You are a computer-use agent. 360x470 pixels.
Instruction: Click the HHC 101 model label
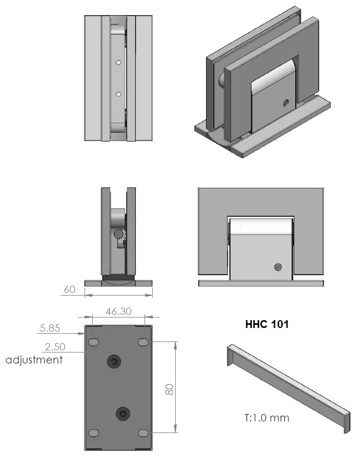pyautogui.click(x=267, y=324)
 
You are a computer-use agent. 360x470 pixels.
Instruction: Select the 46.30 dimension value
pyautogui.click(x=118, y=311)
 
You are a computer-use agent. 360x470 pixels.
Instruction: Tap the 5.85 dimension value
pyautogui.click(x=50, y=329)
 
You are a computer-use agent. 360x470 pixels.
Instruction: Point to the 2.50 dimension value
pyautogui.click(x=55, y=347)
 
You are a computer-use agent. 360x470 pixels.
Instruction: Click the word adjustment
pyautogui.click(x=34, y=359)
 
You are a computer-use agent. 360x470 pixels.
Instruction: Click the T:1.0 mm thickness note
pyautogui.click(x=266, y=418)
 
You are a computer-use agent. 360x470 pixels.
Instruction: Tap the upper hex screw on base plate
pyautogui.click(x=113, y=361)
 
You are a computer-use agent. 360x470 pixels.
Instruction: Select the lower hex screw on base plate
pyautogui.click(x=123, y=414)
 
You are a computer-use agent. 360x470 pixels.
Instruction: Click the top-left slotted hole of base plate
pyautogui.click(x=94, y=342)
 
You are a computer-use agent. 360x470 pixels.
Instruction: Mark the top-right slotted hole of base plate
pyautogui.click(x=143, y=342)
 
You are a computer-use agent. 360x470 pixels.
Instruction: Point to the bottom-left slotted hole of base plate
pyautogui.click(x=94, y=433)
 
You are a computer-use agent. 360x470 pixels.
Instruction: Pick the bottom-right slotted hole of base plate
pyautogui.click(x=143, y=433)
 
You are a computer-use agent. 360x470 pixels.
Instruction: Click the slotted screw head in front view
pyautogui.click(x=278, y=267)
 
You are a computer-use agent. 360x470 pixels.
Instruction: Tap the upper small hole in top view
pyautogui.click(x=119, y=63)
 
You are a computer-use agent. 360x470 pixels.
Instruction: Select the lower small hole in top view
pyautogui.click(x=119, y=94)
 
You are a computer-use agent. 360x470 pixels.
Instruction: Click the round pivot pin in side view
pyautogui.click(x=119, y=234)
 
